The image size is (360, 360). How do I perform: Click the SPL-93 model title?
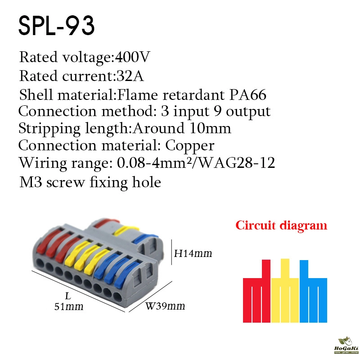pyautogui.click(x=57, y=26)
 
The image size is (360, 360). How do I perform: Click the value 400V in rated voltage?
pyautogui.click(x=132, y=57)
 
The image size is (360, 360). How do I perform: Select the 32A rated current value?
pyautogui.click(x=130, y=76)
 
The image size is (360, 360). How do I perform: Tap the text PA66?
pyautogui.click(x=248, y=94)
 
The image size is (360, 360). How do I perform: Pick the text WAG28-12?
pyautogui.click(x=236, y=163)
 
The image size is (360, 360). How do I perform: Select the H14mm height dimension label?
pyautogui.click(x=193, y=253)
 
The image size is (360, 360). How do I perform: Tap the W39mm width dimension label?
pyautogui.click(x=165, y=306)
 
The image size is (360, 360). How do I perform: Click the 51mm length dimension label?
pyautogui.click(x=69, y=306)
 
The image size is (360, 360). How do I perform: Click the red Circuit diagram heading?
pyautogui.click(x=281, y=226)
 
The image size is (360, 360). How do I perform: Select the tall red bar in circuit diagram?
pyautogui.click(x=266, y=269)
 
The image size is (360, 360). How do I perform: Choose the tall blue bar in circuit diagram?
pyautogui.click(x=304, y=269)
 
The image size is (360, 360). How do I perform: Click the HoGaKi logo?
pyautogui.click(x=346, y=346)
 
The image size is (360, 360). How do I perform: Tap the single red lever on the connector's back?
pyautogui.click(x=107, y=222)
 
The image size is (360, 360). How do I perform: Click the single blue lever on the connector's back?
pyautogui.click(x=145, y=238)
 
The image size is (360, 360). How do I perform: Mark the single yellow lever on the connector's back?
pyautogui.click(x=126, y=230)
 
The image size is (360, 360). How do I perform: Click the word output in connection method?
pyautogui.click(x=248, y=112)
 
